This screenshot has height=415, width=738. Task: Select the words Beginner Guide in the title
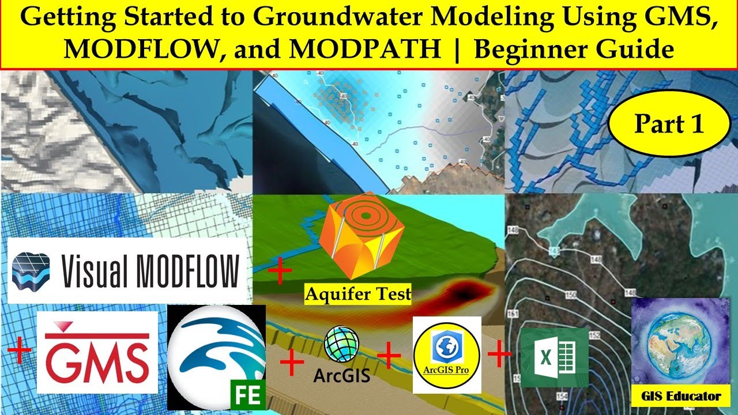click(574, 50)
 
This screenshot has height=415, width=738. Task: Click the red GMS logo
click(97, 352)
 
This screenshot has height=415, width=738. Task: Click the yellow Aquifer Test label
click(358, 294)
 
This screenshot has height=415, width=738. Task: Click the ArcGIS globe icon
click(341, 344)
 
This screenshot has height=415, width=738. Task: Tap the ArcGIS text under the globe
click(341, 375)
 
